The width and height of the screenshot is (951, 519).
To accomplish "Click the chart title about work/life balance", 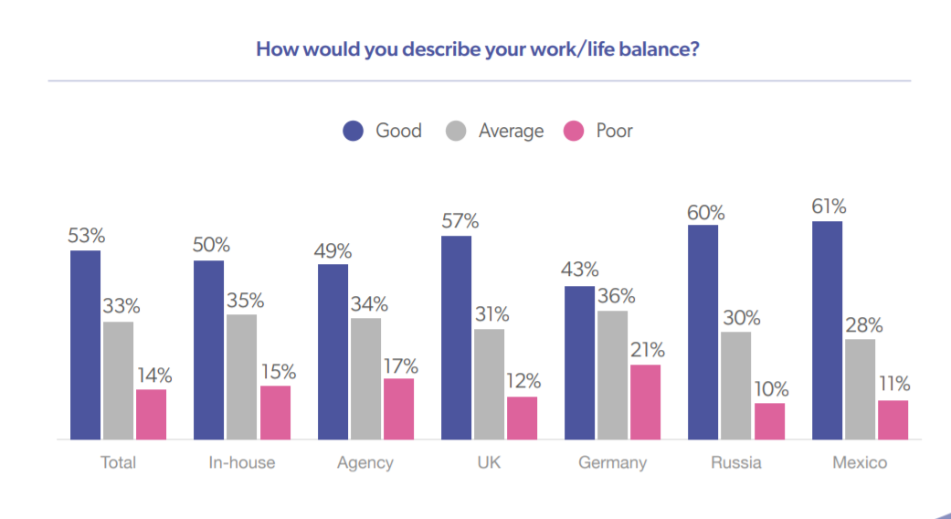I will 478,48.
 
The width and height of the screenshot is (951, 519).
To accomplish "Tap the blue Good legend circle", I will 354,131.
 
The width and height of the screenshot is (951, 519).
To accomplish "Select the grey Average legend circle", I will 457,131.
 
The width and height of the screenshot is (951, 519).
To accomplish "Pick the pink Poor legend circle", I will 574,131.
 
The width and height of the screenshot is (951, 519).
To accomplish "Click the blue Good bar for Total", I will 86,344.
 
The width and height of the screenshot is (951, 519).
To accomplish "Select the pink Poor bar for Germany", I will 646,402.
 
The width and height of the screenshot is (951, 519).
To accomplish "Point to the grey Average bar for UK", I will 489,384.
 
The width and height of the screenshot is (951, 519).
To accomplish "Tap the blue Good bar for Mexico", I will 827,330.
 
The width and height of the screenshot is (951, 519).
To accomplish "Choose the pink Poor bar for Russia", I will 769,420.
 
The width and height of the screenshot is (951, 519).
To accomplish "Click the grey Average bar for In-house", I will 242,376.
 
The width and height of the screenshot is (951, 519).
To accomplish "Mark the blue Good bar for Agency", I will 333,352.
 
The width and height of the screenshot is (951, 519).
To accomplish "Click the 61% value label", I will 827,206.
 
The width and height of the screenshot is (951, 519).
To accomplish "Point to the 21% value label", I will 646,350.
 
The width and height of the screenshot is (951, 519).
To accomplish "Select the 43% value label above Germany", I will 580,270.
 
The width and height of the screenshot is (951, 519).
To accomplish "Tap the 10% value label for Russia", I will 769,388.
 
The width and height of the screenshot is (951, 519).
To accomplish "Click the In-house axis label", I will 242,462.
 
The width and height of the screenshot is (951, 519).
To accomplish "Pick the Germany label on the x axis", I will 612,462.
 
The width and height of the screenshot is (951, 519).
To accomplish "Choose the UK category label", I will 489,462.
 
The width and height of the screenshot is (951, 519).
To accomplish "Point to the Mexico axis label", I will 860,462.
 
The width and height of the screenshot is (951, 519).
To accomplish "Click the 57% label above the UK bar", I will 457,220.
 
